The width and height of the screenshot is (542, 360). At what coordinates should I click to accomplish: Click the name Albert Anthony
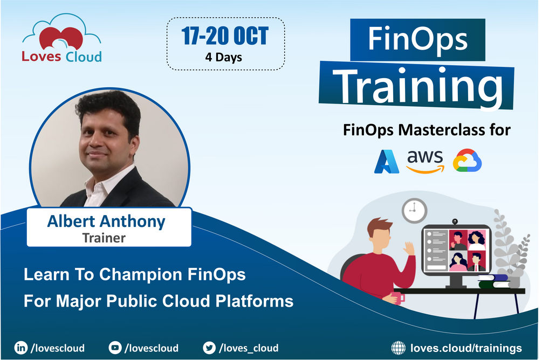click(106, 221)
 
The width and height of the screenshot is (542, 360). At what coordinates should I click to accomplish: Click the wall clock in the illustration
click(414, 211)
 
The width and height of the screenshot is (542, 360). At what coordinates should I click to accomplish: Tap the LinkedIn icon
click(21, 348)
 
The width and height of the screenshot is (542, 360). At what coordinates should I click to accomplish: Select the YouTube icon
click(115, 348)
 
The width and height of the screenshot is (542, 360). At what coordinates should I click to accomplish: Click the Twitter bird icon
click(209, 348)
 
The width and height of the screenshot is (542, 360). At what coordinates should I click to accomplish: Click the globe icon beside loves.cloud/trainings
click(398, 348)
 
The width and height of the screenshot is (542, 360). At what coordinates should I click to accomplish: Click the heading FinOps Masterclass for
click(427, 130)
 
